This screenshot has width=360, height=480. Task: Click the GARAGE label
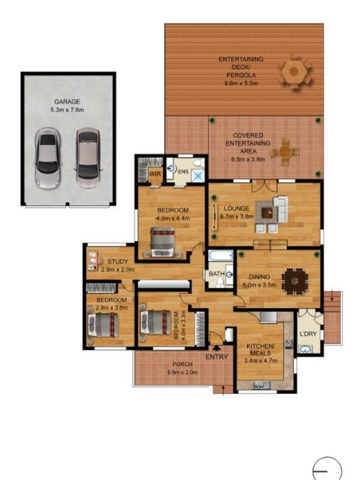(x=67, y=102)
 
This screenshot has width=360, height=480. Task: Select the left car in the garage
(x=47, y=158)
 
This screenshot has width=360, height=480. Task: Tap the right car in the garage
(x=88, y=157)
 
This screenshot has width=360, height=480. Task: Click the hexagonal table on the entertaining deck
(x=294, y=71)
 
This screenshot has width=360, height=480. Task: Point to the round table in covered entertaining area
(x=285, y=151)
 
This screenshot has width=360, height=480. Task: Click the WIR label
(x=155, y=174)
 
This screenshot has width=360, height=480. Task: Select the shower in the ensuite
(x=198, y=175)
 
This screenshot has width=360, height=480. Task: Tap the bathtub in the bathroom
(x=221, y=255)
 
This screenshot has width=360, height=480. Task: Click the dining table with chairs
(x=295, y=280)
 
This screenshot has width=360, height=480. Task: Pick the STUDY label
(x=117, y=262)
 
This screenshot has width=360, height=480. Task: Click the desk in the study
(x=92, y=260)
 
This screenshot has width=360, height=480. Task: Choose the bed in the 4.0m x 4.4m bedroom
(x=162, y=242)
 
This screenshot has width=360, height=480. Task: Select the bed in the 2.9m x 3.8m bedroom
(x=103, y=325)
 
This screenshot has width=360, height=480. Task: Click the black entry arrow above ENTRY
(x=216, y=348)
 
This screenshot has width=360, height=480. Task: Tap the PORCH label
(x=183, y=364)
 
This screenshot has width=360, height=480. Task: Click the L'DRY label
(x=308, y=334)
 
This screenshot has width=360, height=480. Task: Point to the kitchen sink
(x=261, y=385)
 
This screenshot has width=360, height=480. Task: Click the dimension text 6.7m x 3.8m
(x=237, y=216)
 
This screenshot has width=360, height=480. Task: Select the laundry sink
(x=305, y=349)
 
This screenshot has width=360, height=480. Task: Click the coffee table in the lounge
(x=268, y=213)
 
